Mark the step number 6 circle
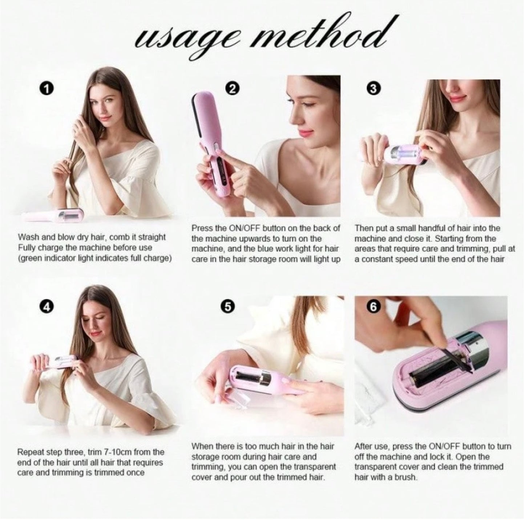coord(375,307)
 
